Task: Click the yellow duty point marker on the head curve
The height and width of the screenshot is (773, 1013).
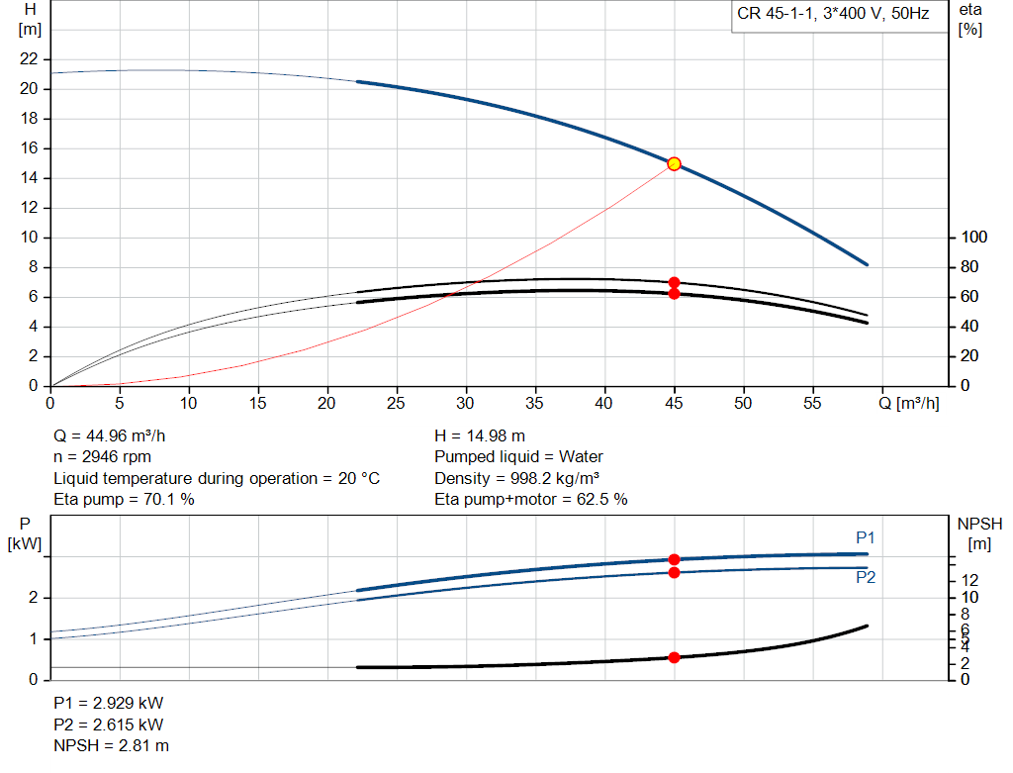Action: (x=674, y=163)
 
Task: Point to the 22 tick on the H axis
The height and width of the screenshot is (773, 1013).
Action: (x=30, y=59)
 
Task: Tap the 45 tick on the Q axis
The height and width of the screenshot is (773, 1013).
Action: (x=674, y=404)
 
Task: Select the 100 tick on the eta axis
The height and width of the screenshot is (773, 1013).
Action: (x=974, y=238)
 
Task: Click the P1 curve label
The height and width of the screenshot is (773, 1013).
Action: (x=866, y=537)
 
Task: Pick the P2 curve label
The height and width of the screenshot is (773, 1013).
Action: (x=866, y=578)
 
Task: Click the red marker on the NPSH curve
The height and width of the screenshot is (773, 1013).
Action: (x=674, y=657)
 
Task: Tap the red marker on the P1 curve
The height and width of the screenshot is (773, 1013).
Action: (x=674, y=559)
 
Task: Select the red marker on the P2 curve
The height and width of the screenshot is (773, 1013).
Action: (x=674, y=572)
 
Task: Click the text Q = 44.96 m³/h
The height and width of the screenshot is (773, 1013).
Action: (x=118, y=435)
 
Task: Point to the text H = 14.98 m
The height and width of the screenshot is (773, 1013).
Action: (x=482, y=435)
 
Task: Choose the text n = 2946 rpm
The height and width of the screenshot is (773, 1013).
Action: (x=102, y=457)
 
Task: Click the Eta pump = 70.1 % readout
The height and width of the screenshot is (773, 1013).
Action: (x=124, y=500)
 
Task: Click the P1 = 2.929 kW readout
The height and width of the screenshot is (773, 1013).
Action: (x=108, y=703)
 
